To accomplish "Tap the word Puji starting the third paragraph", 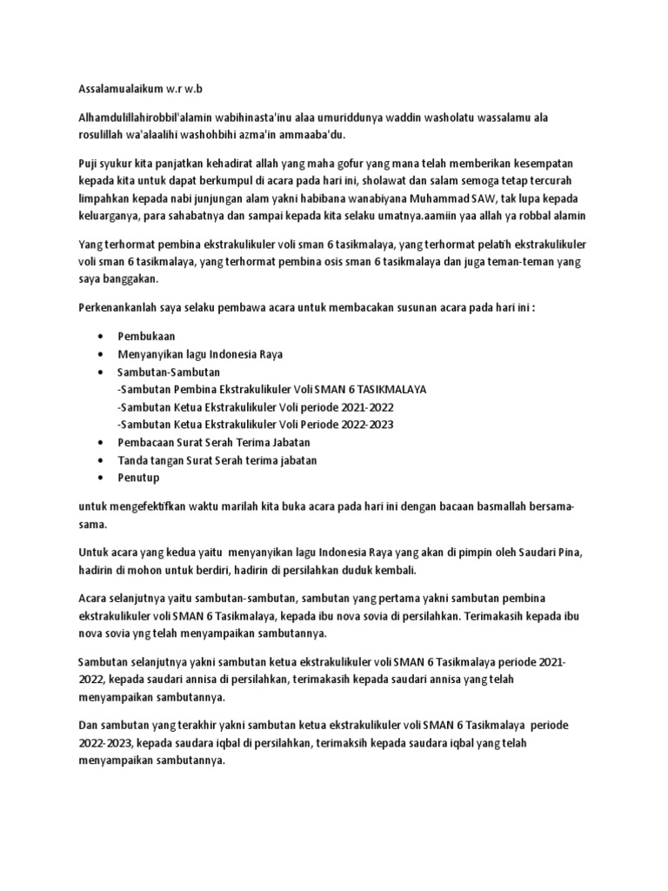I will click(90, 164).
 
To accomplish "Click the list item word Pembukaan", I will click(147, 336).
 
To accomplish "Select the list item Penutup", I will click(138, 478).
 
